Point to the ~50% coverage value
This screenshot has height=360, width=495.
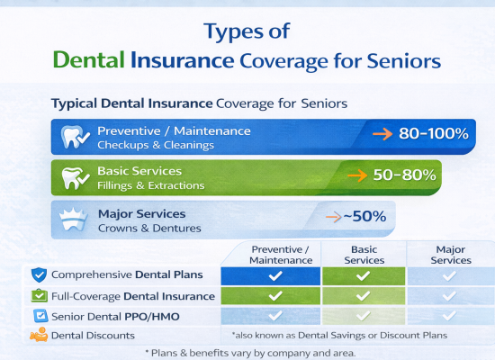click(361, 216)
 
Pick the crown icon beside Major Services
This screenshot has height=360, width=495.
click(74, 218)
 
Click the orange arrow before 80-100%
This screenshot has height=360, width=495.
click(382, 134)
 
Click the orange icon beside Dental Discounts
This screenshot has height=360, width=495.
click(39, 336)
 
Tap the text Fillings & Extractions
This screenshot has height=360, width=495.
click(150, 185)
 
